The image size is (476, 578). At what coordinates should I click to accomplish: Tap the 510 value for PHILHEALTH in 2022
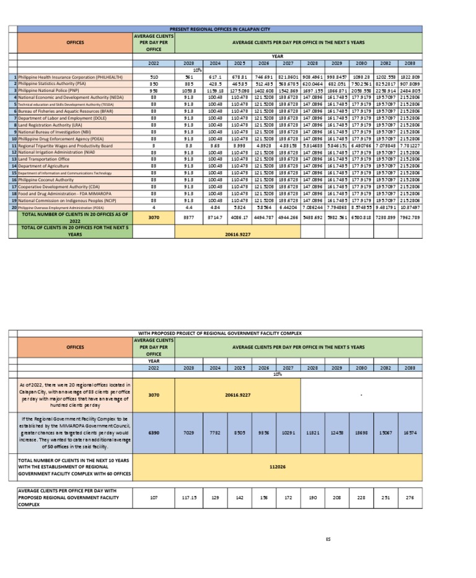(154, 77)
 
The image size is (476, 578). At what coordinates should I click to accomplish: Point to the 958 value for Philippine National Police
(154, 91)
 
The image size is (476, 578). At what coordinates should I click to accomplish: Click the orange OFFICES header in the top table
(76, 43)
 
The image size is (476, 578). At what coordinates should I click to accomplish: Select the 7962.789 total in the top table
(411, 218)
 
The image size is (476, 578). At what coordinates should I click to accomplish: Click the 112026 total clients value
(278, 466)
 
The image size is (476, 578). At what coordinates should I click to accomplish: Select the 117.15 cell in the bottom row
(188, 497)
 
